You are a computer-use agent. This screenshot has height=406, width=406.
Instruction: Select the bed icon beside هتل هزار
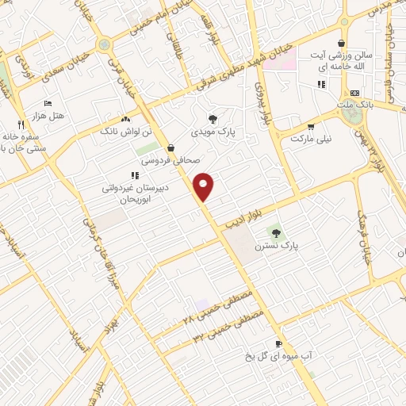pos(48,104)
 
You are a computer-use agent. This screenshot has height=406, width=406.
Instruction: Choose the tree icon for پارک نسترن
pos(276,233)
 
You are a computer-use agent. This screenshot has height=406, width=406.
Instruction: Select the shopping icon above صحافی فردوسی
pos(171,147)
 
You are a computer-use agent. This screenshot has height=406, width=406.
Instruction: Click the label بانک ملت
pos(353,104)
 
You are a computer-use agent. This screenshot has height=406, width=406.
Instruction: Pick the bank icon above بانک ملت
pos(354,92)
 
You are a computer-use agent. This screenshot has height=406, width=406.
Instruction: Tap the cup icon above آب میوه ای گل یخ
pos(278,343)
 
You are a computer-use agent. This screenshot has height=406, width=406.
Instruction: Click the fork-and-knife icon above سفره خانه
pos(21,124)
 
